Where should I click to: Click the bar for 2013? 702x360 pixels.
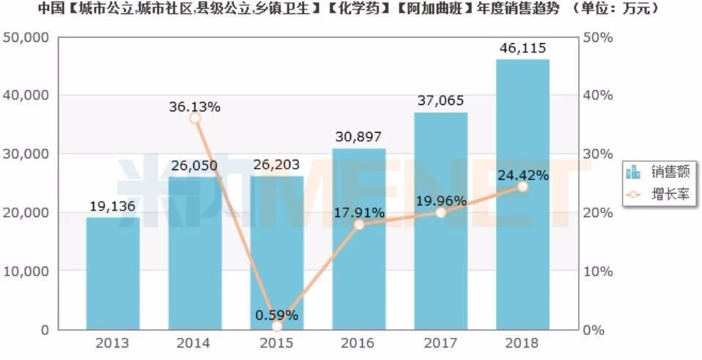112,273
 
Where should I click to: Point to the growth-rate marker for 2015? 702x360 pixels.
276,326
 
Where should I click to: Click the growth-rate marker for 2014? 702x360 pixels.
195,118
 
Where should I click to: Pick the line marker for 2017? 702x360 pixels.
440,213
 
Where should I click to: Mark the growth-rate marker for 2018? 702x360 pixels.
522,186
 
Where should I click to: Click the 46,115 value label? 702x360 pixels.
522,48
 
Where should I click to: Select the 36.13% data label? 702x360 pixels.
195,106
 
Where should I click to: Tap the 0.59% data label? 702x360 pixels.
276,315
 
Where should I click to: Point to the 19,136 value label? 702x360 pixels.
112,206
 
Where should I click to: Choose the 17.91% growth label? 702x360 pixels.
358,213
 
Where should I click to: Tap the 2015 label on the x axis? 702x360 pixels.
276,343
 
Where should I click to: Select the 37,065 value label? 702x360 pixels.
440,100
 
